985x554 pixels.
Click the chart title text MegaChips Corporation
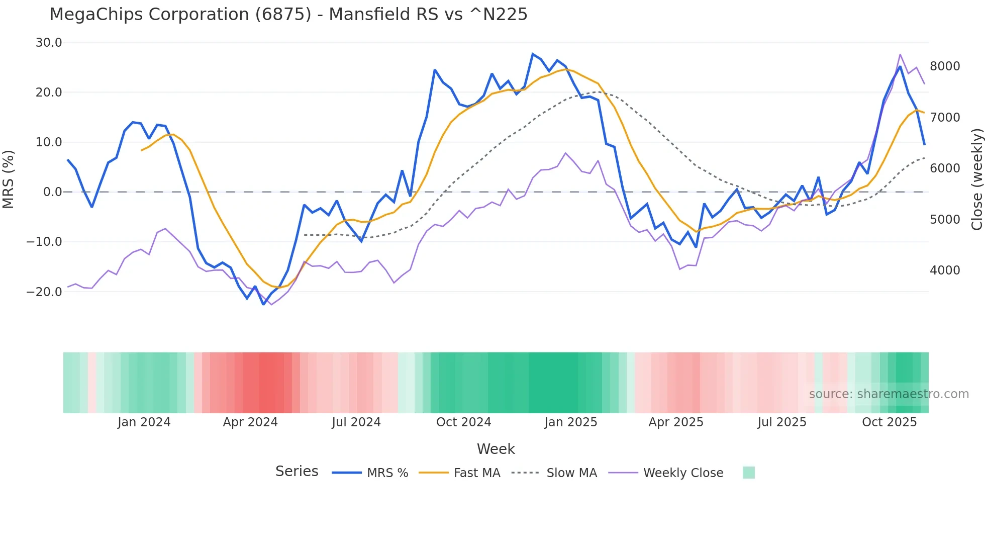288,15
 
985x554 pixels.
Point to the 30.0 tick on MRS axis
49,43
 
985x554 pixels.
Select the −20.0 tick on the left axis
45,292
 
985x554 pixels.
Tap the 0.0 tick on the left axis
52,192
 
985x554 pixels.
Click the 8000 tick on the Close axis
945,66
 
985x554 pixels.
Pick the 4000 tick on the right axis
945,270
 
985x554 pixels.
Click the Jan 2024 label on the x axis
144,422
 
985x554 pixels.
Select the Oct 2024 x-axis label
463,422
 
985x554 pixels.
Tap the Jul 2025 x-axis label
782,422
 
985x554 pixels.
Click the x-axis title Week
496,449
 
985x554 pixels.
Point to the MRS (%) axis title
9,179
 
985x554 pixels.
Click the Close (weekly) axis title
976,179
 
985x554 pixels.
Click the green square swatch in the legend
748,473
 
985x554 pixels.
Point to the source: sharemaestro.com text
889,394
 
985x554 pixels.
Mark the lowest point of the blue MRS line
263,304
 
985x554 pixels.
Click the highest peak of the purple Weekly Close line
900,55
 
